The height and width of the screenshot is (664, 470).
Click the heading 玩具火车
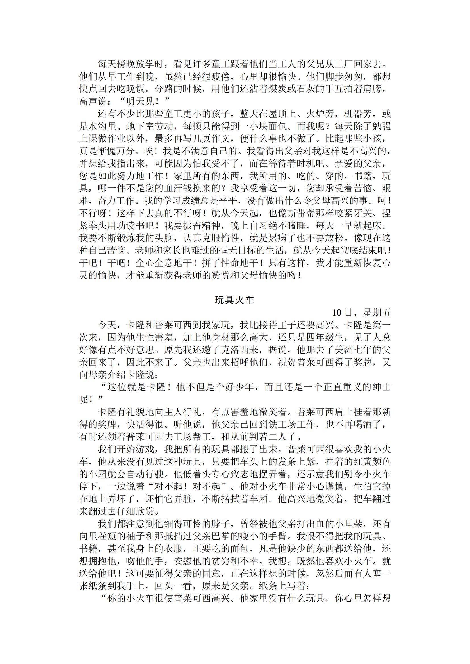(234, 300)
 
